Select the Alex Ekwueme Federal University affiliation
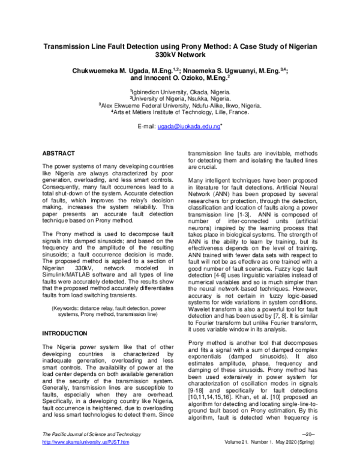(x=180, y=104)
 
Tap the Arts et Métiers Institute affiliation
(x=180, y=111)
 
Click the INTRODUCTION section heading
(x=65, y=333)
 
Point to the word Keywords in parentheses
(x=69, y=307)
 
